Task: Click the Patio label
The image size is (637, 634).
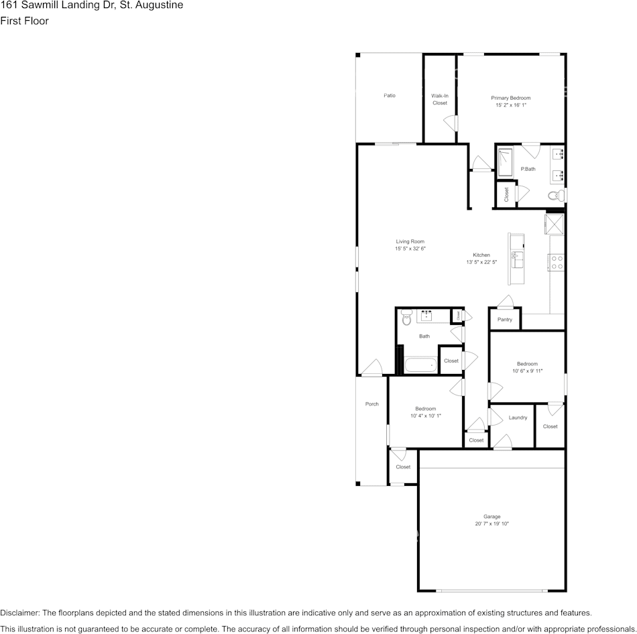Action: tap(389, 96)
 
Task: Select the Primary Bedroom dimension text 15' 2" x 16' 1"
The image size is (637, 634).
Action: tap(511, 105)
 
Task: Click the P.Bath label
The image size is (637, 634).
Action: tap(528, 169)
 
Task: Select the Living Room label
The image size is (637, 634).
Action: tap(410, 241)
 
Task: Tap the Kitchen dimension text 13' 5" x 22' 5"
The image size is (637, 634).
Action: tap(481, 263)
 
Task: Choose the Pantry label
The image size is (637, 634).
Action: tap(505, 320)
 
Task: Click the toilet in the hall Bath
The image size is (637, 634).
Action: tap(406, 318)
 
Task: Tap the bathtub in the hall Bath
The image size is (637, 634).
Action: tap(420, 366)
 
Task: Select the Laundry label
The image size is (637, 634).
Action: tap(518, 418)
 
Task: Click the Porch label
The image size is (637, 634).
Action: tap(371, 404)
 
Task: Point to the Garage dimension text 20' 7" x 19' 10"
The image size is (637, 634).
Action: tap(492, 523)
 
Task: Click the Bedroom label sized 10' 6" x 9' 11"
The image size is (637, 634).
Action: tap(527, 364)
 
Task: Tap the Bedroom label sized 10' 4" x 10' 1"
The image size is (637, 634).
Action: tap(425, 409)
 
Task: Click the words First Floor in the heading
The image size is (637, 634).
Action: tap(24, 21)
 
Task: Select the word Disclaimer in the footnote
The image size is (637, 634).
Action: tap(19, 613)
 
